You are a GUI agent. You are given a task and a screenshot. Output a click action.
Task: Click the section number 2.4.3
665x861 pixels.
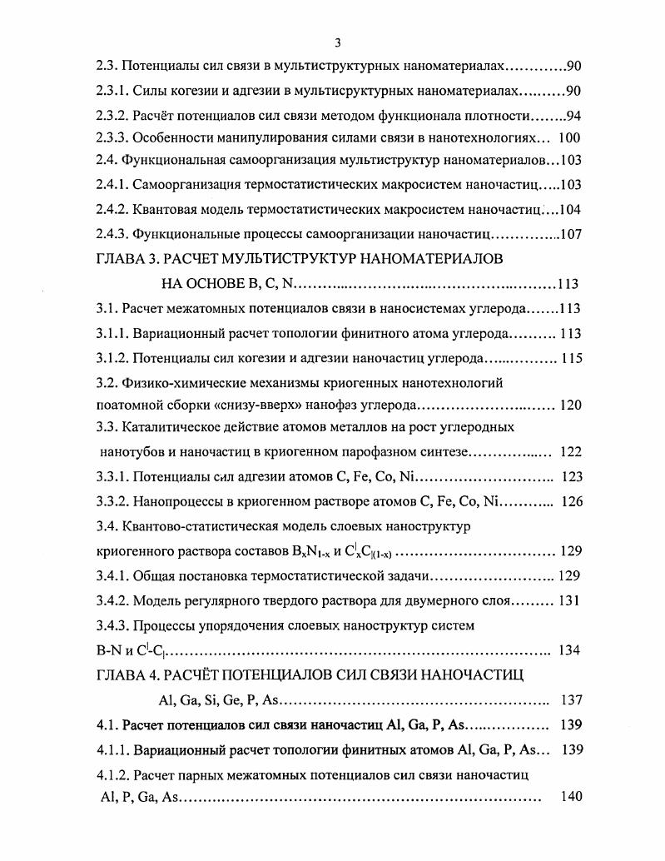click(115, 234)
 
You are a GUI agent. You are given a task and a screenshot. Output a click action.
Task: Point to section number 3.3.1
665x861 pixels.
click(115, 477)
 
